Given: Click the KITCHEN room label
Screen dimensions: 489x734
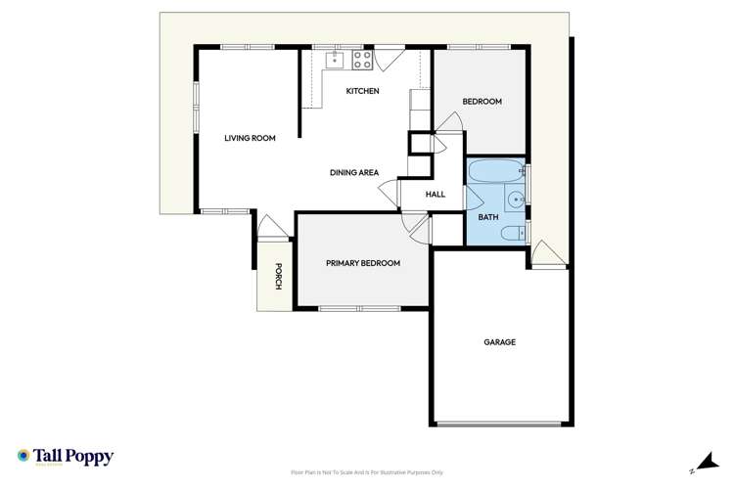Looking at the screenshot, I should [362, 92].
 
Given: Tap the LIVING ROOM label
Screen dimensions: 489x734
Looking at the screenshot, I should [250, 139].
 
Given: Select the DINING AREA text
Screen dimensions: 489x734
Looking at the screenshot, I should [354, 173].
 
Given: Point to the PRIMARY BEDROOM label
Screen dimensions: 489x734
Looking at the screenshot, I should [363, 263].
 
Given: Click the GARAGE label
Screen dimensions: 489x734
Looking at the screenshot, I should [499, 342].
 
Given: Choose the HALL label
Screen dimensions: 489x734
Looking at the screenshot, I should [436, 195].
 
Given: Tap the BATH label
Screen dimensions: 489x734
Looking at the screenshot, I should [487, 217].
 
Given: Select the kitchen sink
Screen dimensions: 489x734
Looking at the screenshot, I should [335, 59].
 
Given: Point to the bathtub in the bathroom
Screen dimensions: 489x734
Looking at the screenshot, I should [495, 174].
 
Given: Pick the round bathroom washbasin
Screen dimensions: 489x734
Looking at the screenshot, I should [519, 205].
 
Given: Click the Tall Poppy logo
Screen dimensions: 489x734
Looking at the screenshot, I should [66, 457].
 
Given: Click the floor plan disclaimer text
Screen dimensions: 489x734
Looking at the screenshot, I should [367, 473].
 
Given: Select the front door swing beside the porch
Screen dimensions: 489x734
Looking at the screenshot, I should [273, 227].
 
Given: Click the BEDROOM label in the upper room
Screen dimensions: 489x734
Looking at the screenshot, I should [482, 102].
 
